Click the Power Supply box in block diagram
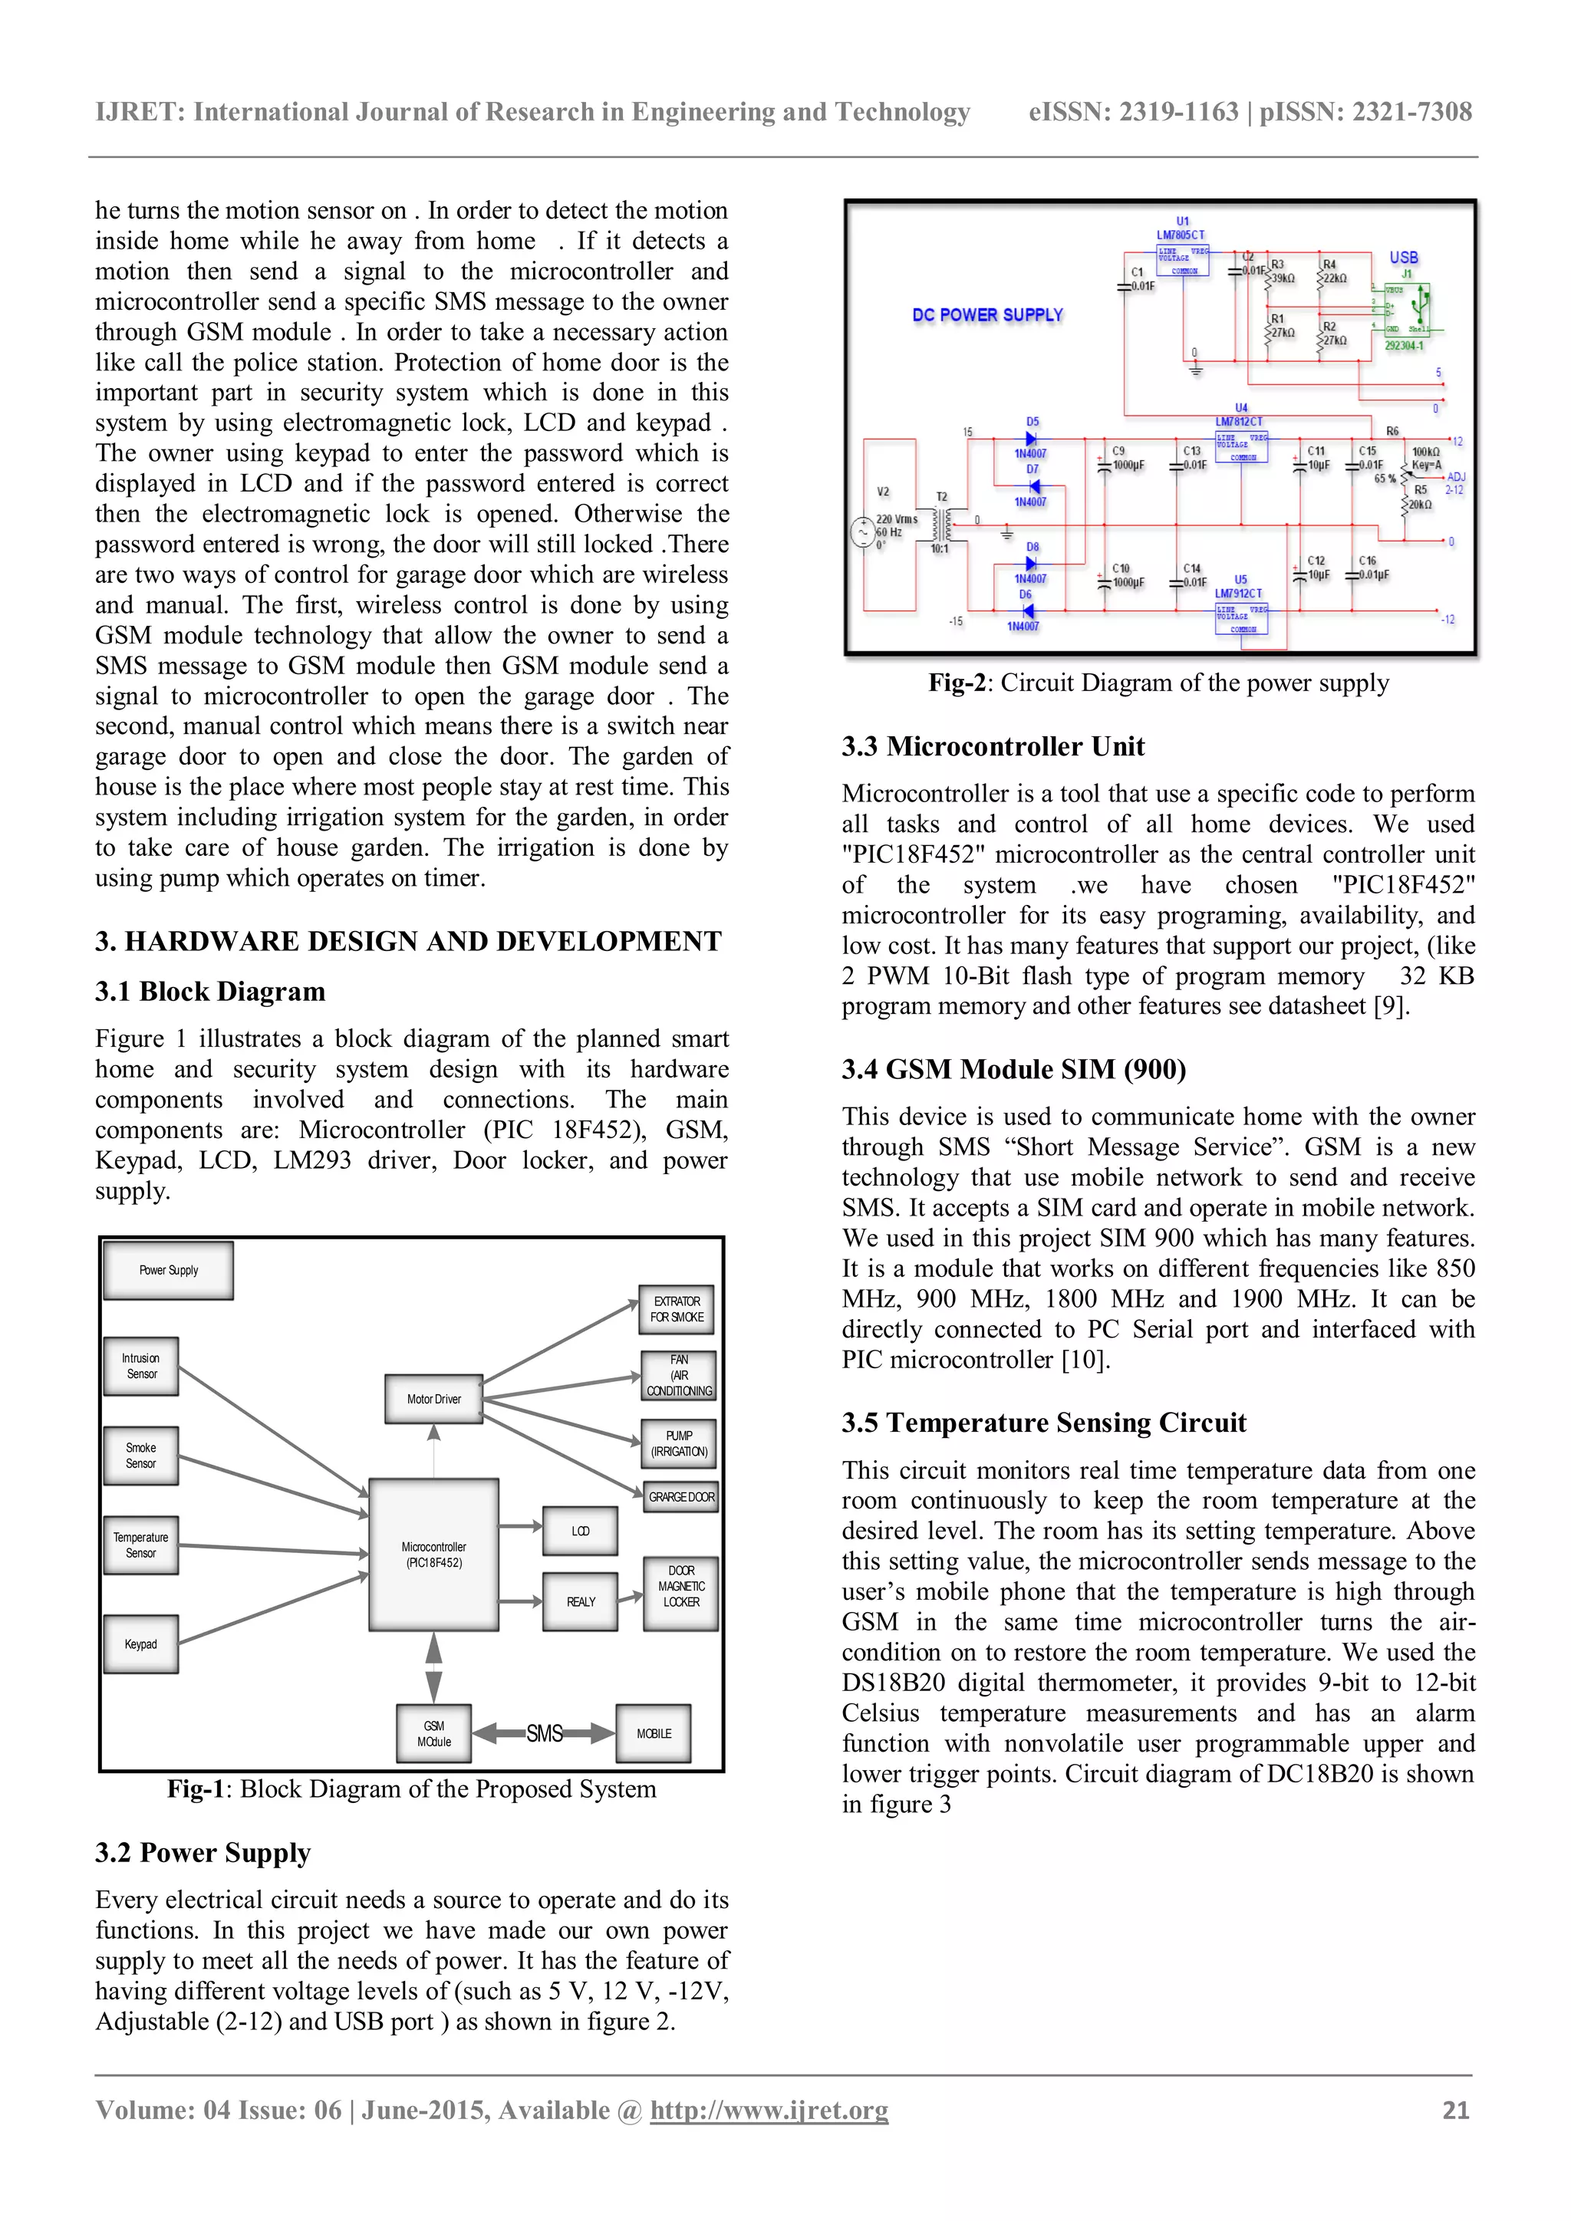[168, 1270]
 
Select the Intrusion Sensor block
[141, 1366]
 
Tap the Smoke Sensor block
[141, 1455]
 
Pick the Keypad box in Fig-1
[141, 1644]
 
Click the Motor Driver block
[433, 1399]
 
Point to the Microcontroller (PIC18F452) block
[433, 1554]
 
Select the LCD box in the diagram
[581, 1530]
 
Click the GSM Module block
[433, 1733]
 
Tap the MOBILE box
[654, 1733]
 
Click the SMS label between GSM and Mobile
[545, 1733]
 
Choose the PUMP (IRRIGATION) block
[679, 1443]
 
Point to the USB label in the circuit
[1404, 258]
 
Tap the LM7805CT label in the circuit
[1181, 235]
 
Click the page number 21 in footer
[1455, 2110]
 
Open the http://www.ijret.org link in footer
[769, 2110]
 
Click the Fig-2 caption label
[956, 683]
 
